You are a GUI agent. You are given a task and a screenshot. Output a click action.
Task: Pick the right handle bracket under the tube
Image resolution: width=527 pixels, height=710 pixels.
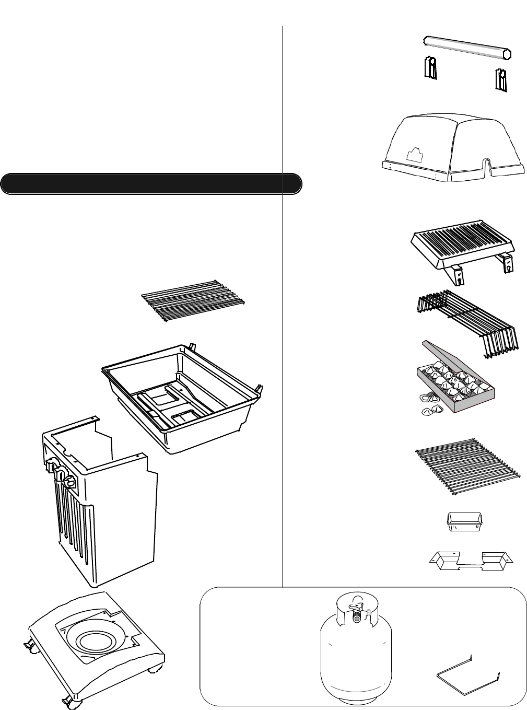501,81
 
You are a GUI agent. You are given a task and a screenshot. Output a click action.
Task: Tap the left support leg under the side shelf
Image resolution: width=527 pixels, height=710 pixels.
458,275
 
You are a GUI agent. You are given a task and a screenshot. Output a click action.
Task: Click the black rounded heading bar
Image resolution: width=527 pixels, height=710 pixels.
151,184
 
